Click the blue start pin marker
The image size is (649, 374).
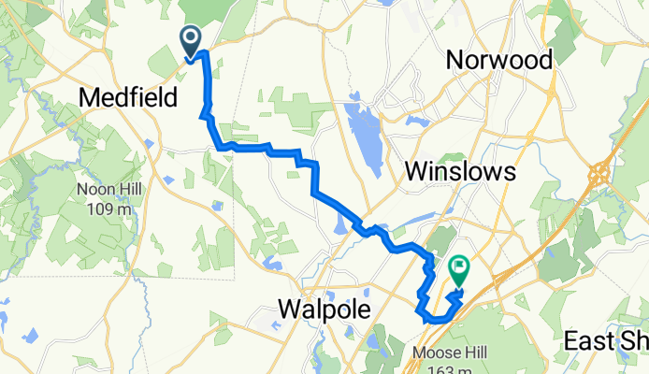[x=190, y=40]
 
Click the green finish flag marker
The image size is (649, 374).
[x=459, y=270]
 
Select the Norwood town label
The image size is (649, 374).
[x=499, y=60]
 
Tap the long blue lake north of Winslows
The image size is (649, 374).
[x=357, y=125]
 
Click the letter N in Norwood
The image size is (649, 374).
[x=456, y=60]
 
